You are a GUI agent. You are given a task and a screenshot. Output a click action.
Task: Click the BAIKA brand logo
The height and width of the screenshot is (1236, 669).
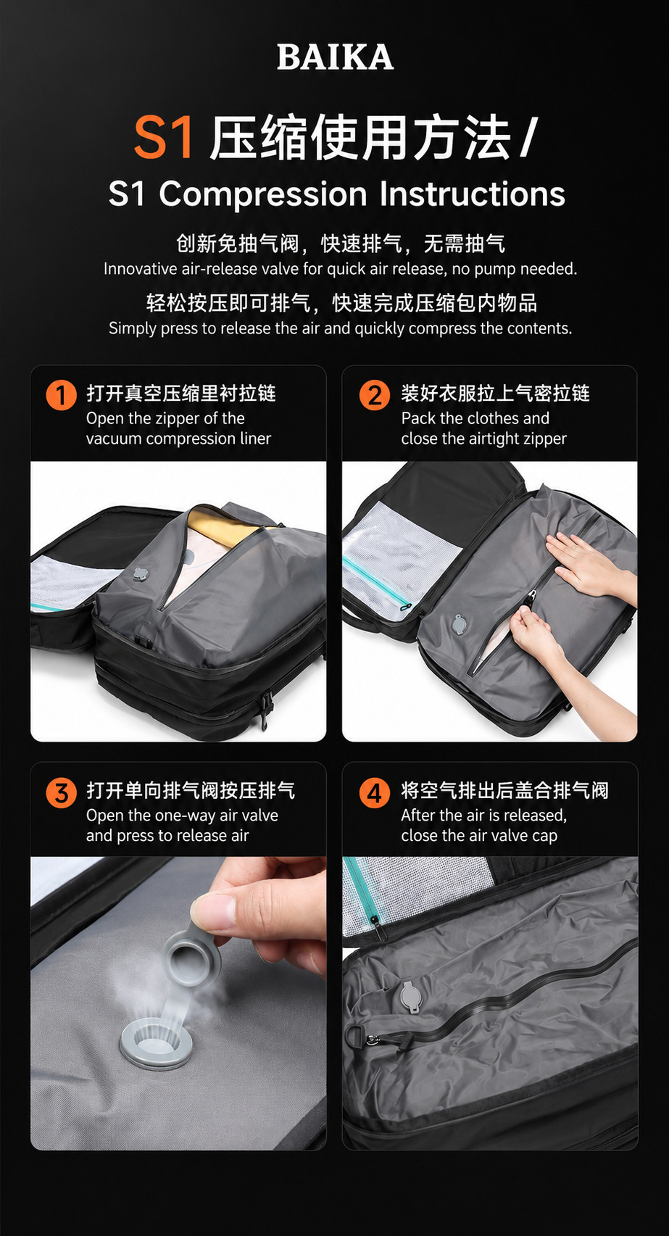(x=335, y=57)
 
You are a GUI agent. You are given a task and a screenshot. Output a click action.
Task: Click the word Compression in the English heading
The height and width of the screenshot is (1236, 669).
(x=263, y=194)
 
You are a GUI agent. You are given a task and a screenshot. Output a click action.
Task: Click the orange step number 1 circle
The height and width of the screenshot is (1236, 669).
(x=61, y=395)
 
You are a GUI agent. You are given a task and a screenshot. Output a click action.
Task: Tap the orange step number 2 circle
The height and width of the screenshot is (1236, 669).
(x=375, y=395)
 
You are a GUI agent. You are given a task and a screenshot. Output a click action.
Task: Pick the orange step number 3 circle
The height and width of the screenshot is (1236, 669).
(x=61, y=793)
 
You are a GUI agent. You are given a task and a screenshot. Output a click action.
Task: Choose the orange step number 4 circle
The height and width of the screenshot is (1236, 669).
(x=375, y=793)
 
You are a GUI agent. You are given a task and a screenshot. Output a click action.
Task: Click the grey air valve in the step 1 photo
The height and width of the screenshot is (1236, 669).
(x=141, y=573)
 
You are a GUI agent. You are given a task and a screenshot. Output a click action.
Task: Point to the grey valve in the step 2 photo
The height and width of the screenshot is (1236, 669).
(x=459, y=623)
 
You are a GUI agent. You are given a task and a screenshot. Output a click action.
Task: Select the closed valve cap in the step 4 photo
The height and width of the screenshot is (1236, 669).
(x=410, y=995)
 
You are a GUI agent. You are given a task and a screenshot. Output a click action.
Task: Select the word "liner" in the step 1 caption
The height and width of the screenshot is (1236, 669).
(x=255, y=439)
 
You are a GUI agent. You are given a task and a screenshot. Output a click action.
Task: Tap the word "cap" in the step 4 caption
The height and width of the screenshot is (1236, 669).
(x=545, y=836)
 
